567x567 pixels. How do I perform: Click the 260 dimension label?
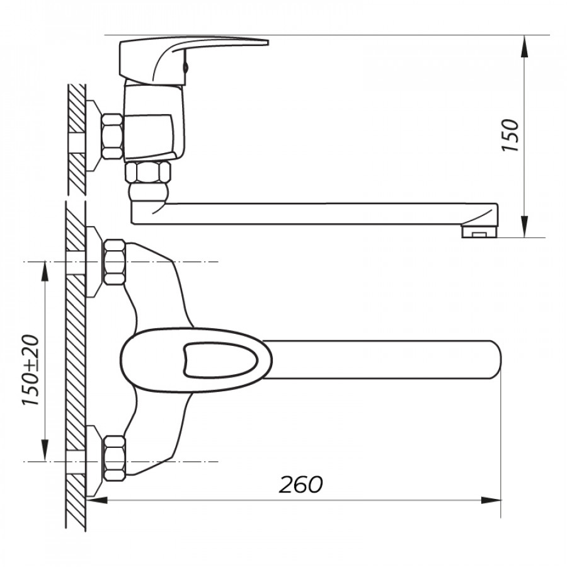(x=301, y=484)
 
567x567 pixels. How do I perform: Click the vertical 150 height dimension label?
(x=510, y=135)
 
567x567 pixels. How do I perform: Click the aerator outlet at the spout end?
(x=479, y=231)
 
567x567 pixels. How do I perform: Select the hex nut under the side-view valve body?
(x=147, y=172)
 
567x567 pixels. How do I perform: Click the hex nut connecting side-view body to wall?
(x=112, y=136)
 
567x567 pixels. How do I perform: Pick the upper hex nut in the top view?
(x=115, y=262)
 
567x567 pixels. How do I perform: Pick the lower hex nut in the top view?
(x=115, y=459)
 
